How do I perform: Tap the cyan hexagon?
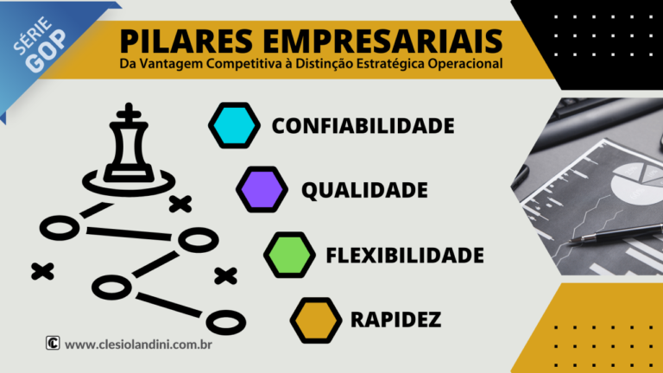point(234,125)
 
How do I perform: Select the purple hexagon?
point(262,189)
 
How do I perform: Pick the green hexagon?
point(290,255)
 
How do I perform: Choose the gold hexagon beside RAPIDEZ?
point(316,319)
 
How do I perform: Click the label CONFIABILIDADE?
point(363,126)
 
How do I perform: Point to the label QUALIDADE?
point(364,190)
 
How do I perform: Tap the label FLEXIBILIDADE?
point(405,256)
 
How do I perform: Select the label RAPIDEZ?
point(396,320)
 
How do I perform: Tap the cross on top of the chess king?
point(130,111)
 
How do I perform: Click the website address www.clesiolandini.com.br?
point(139,344)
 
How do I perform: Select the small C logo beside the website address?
point(53,343)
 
